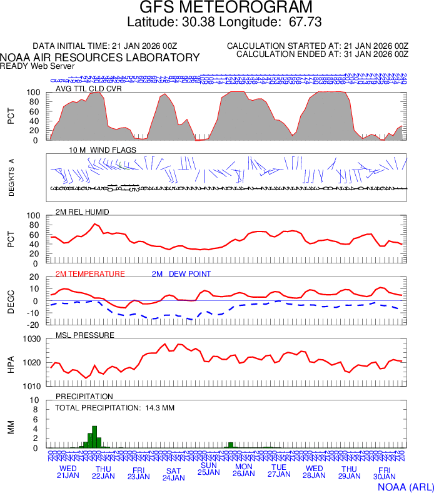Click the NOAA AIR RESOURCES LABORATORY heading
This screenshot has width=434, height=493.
[x=100, y=58]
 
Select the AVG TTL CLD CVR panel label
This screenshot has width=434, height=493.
[x=89, y=88]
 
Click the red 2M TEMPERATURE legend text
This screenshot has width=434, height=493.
[x=90, y=273]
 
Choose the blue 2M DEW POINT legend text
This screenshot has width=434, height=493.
[x=181, y=273]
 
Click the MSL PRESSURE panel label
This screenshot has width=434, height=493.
[x=85, y=335]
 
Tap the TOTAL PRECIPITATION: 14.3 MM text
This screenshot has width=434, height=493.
[x=114, y=408]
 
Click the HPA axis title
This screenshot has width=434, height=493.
[x=11, y=362]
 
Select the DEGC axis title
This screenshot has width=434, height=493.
[x=11, y=301]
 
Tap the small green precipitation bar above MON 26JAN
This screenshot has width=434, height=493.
[x=231, y=445]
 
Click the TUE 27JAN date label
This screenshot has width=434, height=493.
[x=279, y=471]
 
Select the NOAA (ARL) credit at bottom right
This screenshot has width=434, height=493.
[x=405, y=486]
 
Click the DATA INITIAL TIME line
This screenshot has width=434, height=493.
[x=105, y=46]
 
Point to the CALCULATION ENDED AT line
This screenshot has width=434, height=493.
[x=322, y=54]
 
